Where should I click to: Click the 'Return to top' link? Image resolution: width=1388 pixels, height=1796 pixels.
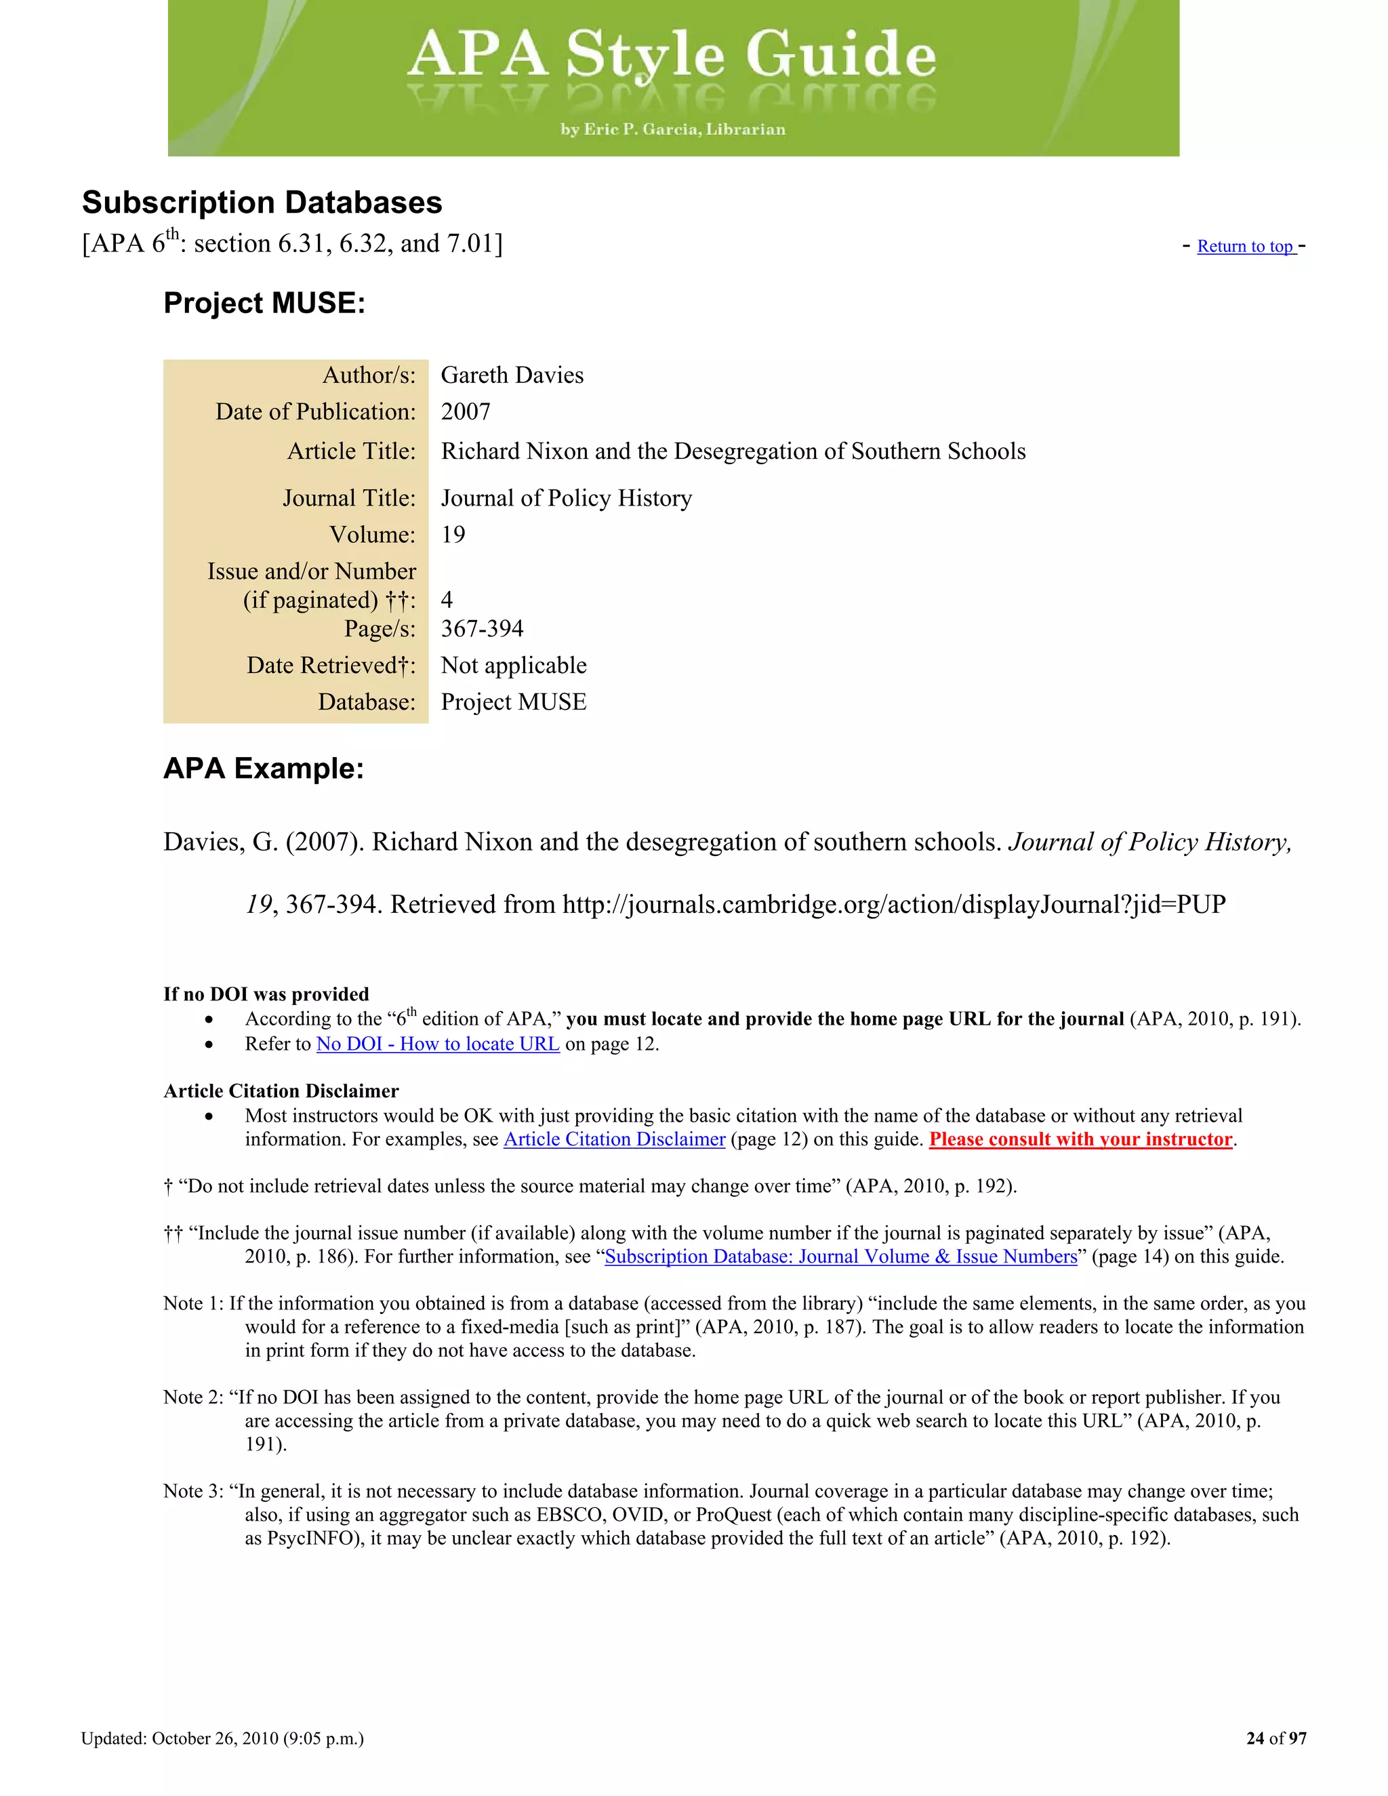point(1245,247)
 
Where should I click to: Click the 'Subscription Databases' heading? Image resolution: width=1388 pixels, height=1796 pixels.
point(262,202)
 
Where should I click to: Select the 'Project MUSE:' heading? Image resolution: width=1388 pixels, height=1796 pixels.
point(264,303)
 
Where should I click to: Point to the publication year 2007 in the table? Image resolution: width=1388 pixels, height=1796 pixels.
point(466,411)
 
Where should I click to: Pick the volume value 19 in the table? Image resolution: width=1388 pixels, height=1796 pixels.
point(453,535)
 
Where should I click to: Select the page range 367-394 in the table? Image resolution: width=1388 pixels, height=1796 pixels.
point(482,628)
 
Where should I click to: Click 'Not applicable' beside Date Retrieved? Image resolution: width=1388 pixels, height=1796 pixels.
point(513,666)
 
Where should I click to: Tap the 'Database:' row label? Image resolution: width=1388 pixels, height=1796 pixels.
point(367,701)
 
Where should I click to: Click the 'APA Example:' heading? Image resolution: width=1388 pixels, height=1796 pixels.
point(263,768)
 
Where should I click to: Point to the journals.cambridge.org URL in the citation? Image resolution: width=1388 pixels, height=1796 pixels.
point(893,905)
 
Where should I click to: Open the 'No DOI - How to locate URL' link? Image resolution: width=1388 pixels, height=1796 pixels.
point(437,1044)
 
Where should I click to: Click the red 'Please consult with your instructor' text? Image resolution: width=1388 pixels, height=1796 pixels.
point(1080,1139)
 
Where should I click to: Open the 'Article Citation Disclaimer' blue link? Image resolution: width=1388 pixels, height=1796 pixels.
point(613,1139)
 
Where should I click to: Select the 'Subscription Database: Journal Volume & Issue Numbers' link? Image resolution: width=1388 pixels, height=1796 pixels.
point(840,1257)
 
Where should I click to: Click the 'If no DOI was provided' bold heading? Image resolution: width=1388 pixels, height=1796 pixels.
point(266,994)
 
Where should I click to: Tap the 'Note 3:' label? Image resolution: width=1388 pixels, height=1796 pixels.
point(192,1491)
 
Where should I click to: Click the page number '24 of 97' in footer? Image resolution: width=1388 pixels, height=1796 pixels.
point(1275,1738)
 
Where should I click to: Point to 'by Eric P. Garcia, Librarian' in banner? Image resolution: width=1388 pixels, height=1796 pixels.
point(672,129)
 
